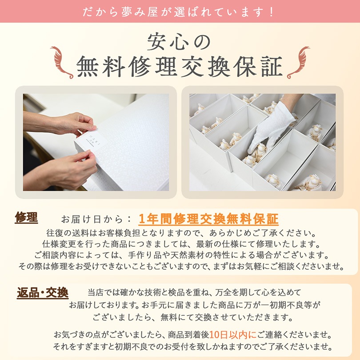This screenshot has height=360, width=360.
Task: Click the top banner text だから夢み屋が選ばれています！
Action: pos(180,11)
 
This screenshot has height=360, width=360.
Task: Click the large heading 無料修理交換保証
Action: pos(180,67)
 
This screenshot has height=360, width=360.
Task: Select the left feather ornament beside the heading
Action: pos(61,62)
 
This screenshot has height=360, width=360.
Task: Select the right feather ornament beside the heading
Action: pos(298,62)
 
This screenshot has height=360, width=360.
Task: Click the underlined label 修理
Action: pos(26,218)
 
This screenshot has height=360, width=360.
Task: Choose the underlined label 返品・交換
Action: pos(43,293)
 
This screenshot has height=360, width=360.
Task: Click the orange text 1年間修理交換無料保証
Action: pos(208,219)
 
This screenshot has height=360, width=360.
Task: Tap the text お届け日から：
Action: pos(96,219)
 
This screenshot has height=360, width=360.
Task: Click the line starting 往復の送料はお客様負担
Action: pos(180,233)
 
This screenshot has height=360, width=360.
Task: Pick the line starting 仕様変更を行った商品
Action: pos(180,244)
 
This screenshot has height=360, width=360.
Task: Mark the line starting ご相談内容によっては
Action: pos(180,256)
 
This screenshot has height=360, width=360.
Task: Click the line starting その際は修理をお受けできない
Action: pos(180,267)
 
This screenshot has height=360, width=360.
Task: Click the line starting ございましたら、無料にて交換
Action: pos(193,317)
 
